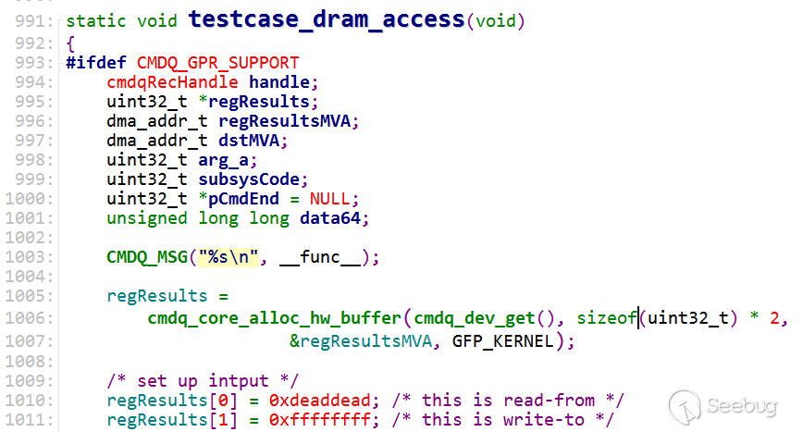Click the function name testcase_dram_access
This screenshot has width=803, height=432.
tap(327, 20)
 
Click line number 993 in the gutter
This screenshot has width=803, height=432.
tap(34, 63)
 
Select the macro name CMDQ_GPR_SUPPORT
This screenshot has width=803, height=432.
tap(217, 63)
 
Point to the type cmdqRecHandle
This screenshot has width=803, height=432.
tap(172, 82)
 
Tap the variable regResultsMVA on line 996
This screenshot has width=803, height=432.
tap(284, 121)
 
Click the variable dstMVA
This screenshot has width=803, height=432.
tap(249, 141)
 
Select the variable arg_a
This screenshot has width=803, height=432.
tap(223, 160)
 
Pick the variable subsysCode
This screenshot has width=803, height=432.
tap(249, 179)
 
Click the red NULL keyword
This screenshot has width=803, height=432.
tap(329, 199)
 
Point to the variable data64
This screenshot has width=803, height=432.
tap(330, 218)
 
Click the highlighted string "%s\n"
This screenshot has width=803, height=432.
tap(229, 256)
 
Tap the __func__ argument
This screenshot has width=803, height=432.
tap(320, 257)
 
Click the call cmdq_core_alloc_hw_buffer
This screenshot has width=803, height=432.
tap(274, 318)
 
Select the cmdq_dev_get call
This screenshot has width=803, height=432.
tap(474, 318)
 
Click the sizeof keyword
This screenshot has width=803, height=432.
tap(606, 318)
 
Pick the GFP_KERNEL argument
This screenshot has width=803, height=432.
tap(503, 341)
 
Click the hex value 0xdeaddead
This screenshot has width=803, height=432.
tap(319, 401)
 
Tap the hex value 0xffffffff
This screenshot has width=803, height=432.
tap(319, 420)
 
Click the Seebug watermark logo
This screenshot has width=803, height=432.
tap(723, 406)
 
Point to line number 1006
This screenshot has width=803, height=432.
tap(30, 318)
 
